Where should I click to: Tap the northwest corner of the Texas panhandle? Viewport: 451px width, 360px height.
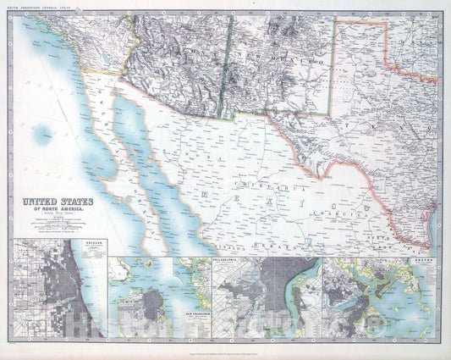(338, 20)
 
